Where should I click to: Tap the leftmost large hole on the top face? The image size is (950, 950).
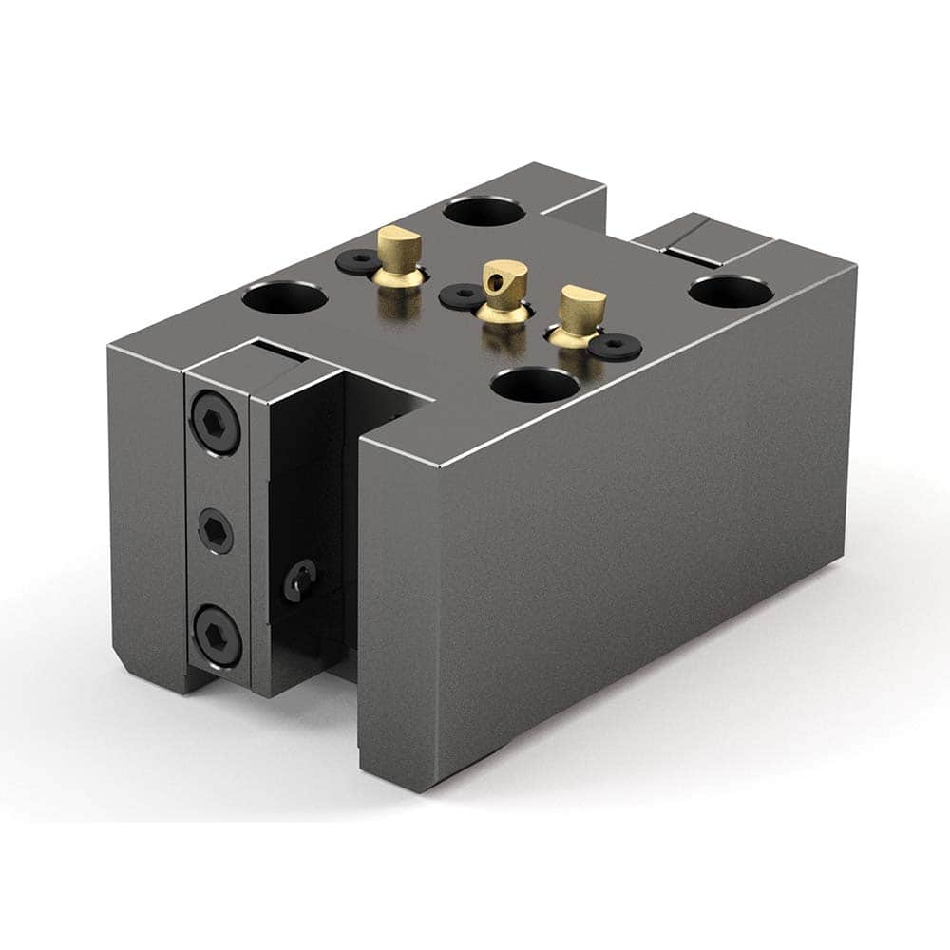pos(284,299)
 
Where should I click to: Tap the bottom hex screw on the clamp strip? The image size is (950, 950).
pos(217,637)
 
